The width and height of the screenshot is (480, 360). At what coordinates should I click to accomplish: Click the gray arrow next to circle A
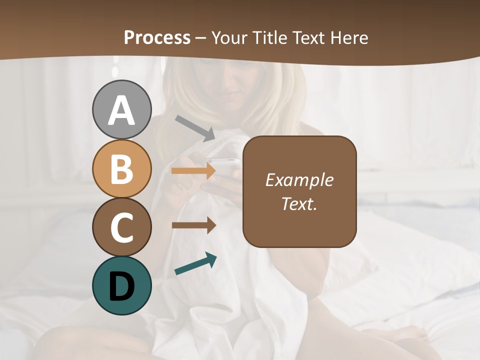[195, 127]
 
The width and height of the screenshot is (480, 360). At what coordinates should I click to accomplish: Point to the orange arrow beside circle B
[193, 171]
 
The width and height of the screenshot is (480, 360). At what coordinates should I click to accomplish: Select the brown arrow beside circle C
[193, 225]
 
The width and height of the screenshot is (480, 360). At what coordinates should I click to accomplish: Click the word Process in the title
[157, 37]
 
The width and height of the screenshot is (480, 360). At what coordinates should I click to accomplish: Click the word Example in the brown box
[299, 180]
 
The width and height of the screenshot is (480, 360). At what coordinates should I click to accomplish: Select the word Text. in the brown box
[299, 203]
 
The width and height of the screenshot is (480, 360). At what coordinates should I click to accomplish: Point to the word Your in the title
[229, 37]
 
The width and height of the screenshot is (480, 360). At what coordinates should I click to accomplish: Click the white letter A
[122, 110]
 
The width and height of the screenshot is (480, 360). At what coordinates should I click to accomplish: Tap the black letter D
[122, 286]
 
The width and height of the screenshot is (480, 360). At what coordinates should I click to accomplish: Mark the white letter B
[122, 168]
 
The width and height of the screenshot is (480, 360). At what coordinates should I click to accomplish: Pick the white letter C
[122, 227]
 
